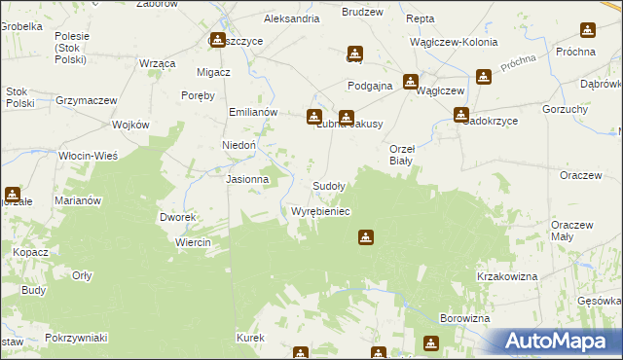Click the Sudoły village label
pyautogui.click(x=328, y=185)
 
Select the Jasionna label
pyautogui.click(x=247, y=180)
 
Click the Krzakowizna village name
pyautogui.click(x=507, y=277)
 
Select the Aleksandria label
pyautogui.click(x=291, y=18)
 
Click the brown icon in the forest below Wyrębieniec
pyautogui.click(x=365, y=236)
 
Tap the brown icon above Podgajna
pyautogui.click(x=354, y=54)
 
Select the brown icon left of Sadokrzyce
pyautogui.click(x=460, y=115)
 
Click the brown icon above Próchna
pyautogui.click(x=587, y=31)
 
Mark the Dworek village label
pyautogui.click(x=179, y=217)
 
